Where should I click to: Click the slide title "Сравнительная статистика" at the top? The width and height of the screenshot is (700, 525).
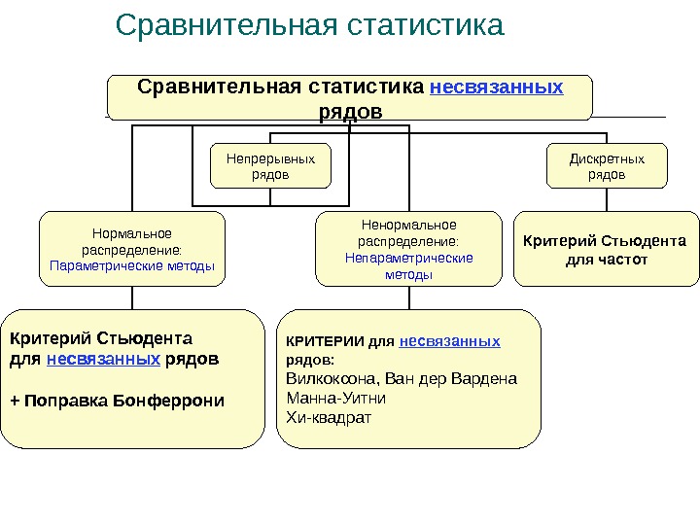pyautogui.click(x=309, y=25)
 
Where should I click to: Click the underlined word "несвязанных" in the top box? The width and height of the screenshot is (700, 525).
pyautogui.click(x=496, y=87)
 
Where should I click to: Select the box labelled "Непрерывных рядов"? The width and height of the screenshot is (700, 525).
pyautogui.click(x=270, y=165)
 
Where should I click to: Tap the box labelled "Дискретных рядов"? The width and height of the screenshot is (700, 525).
pyautogui.click(x=607, y=165)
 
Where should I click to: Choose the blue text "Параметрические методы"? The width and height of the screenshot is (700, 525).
pyautogui.click(x=131, y=265)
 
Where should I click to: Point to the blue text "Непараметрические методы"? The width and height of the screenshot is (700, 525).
pyautogui.click(x=409, y=265)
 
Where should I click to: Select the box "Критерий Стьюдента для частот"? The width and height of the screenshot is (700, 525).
pyautogui.click(x=606, y=250)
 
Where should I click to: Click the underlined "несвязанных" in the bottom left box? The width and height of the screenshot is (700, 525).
pyautogui.click(x=104, y=358)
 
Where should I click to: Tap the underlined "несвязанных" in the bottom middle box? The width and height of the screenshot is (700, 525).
pyautogui.click(x=450, y=341)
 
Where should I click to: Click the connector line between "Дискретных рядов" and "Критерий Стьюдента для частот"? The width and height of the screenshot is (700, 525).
pyautogui.click(x=607, y=198)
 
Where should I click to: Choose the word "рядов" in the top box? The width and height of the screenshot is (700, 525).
pyautogui.click(x=350, y=111)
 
